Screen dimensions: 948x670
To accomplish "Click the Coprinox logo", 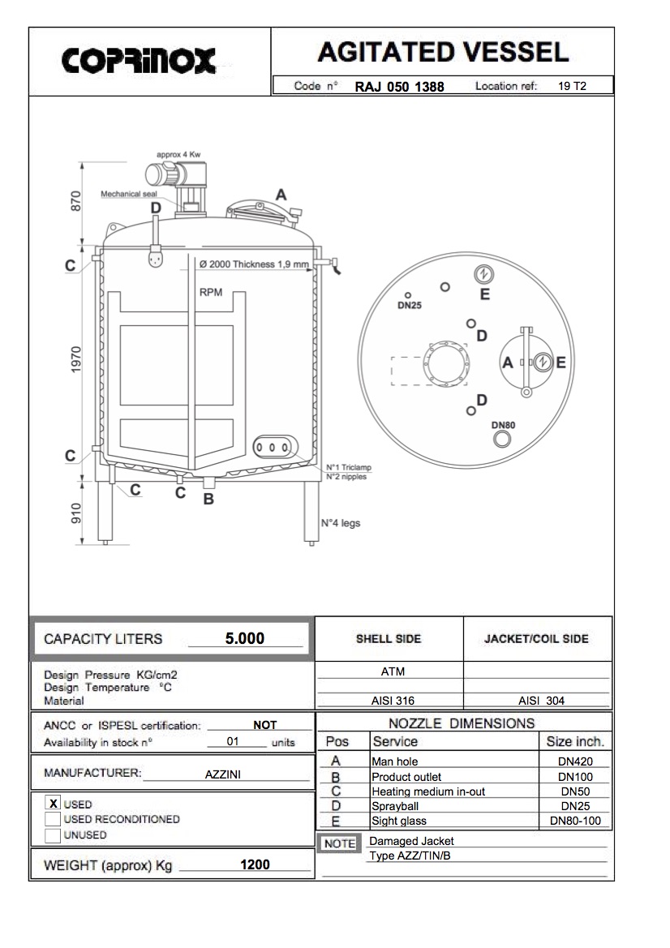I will click(x=140, y=59).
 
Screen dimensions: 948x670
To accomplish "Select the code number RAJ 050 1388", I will click(x=399, y=87).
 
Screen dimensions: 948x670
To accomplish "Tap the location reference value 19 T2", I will click(x=572, y=86).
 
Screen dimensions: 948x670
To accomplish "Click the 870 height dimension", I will click(x=77, y=202).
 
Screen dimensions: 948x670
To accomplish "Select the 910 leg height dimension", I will click(x=77, y=513).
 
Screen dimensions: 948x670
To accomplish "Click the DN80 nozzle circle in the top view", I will click(x=503, y=439).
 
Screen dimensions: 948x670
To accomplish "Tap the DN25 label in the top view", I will click(x=409, y=307).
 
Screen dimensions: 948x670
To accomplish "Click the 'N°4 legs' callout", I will click(x=340, y=523).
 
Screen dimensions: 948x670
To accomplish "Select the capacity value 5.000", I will click(x=245, y=638).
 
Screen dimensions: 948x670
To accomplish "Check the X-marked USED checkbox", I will click(x=53, y=804).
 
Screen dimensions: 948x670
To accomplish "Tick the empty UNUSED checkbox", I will click(x=53, y=834).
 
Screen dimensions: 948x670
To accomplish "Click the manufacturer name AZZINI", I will click(x=222, y=774).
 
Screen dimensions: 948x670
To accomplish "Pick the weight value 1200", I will click(x=255, y=864).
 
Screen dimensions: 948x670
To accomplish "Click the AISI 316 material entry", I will click(x=393, y=701).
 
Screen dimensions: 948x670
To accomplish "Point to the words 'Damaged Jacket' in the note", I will click(x=411, y=842).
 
